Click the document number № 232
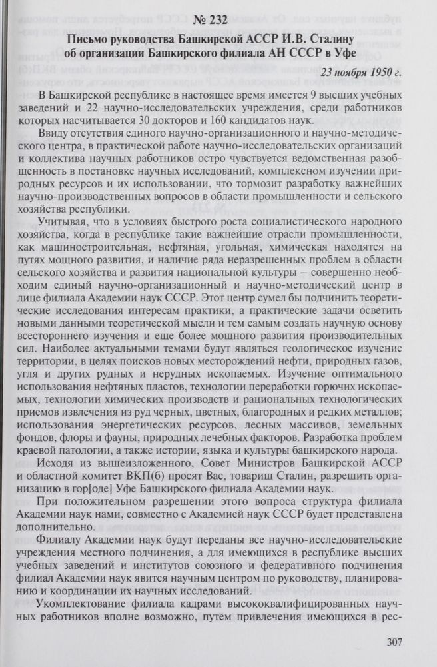[218, 19]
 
